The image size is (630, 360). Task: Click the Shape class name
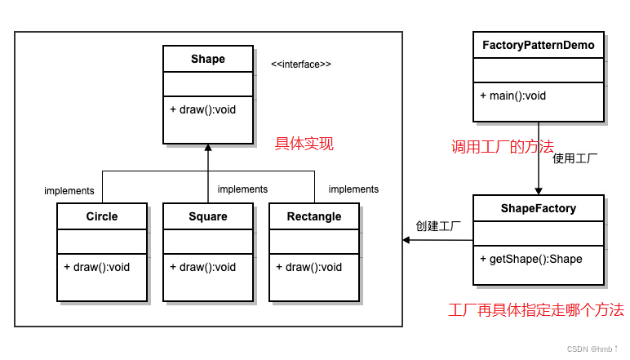coord(207,59)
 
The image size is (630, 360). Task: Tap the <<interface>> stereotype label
coord(301,64)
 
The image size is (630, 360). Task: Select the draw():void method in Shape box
coord(203,109)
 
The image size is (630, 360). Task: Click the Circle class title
coord(102,216)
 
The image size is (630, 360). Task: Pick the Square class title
coord(207,216)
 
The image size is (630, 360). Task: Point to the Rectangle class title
coord(314,216)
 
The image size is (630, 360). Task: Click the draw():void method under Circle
coord(97,267)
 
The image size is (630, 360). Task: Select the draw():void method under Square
coord(203,267)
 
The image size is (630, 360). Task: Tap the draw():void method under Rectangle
coord(309,267)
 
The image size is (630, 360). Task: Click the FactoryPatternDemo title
coord(539,45)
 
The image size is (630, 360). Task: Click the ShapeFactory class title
coord(539,208)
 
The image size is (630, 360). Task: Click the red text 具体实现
coord(304,144)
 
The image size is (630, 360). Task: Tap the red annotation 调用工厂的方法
coord(503,147)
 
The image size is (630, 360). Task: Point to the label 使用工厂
coord(575,158)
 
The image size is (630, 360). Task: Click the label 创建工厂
coord(438,225)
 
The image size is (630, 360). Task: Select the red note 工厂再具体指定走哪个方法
coord(536,310)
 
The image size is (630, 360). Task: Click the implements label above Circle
coord(69,191)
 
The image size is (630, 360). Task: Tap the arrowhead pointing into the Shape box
coord(208,149)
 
